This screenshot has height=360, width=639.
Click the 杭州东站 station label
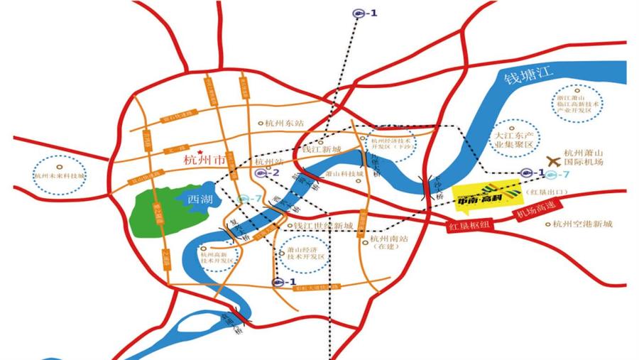point(283,123)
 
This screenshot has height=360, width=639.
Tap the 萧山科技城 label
point(344,173)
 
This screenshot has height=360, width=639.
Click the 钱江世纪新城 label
point(323,226)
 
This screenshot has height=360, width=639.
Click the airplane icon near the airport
point(552,163)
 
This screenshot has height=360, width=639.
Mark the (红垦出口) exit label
point(545,192)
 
